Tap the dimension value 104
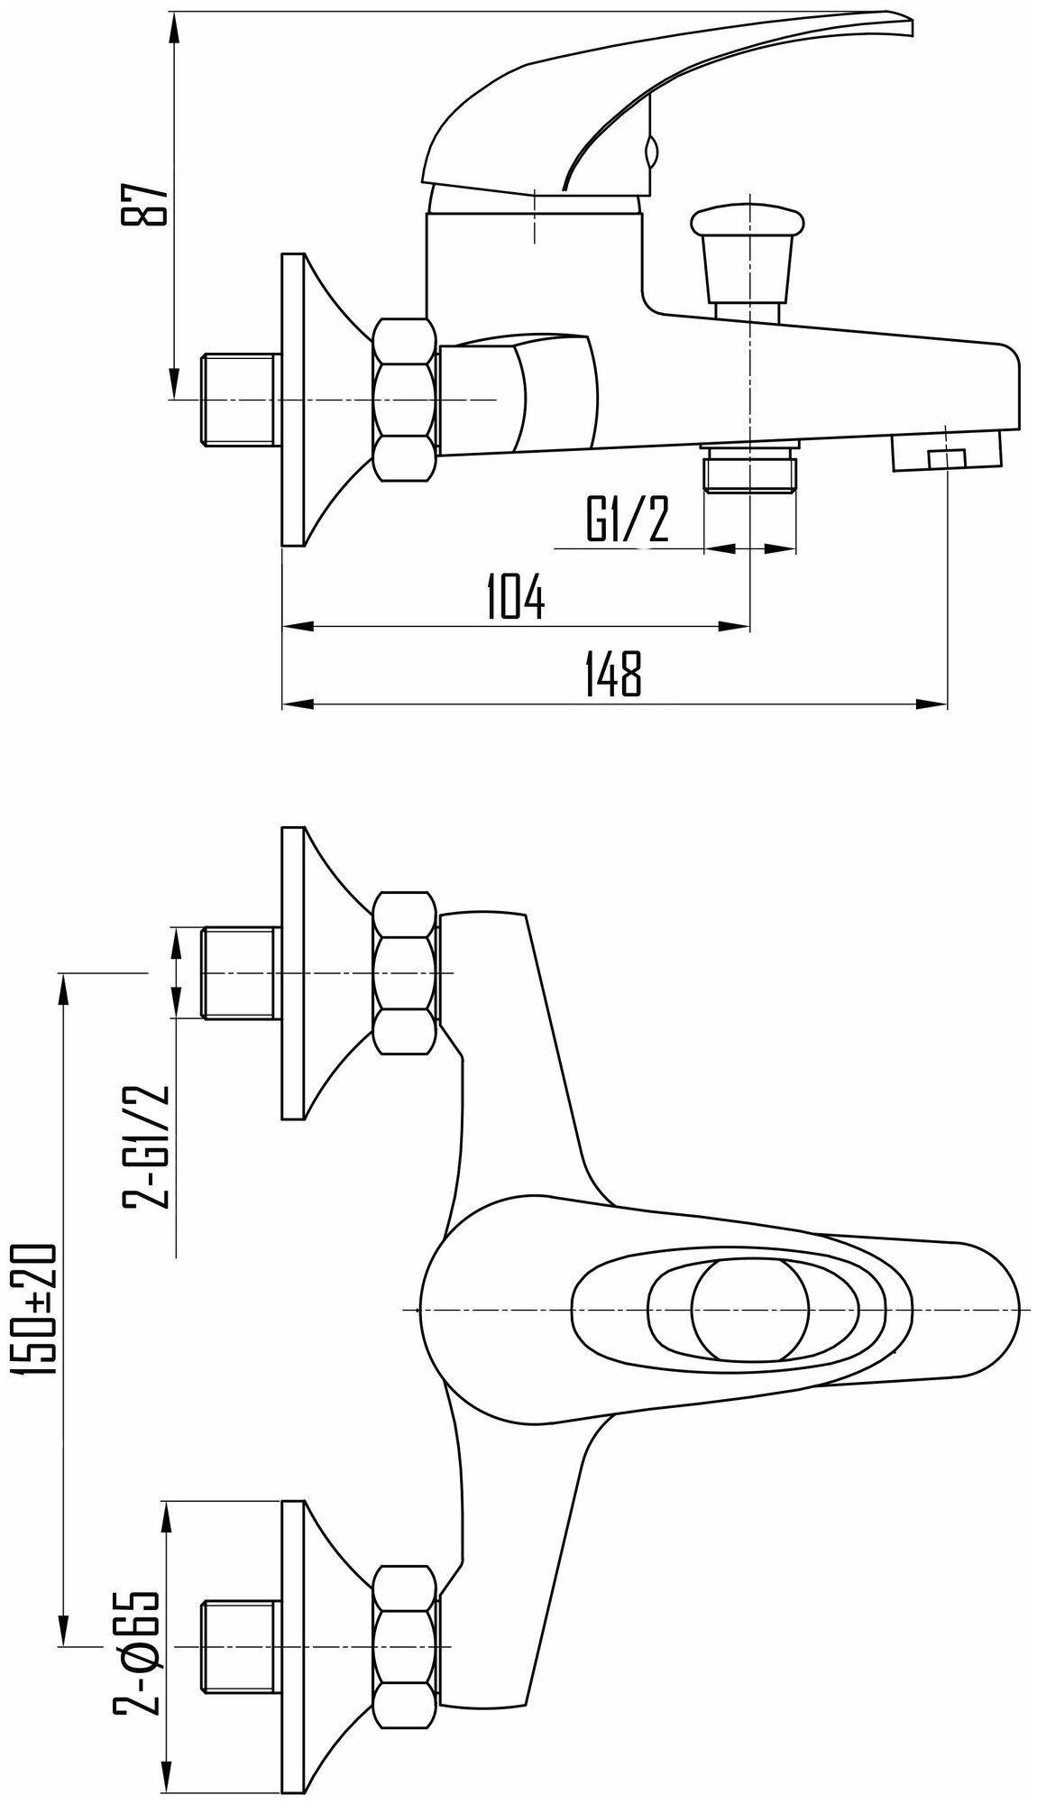tap(515, 596)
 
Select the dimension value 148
tap(613, 674)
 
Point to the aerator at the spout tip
tap(946, 452)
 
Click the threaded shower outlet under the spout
tap(750, 469)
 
